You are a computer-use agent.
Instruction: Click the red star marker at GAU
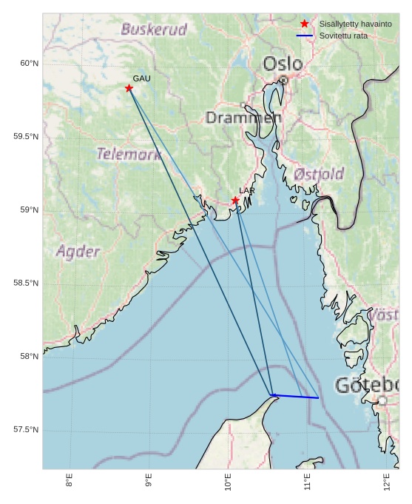pos(129,88)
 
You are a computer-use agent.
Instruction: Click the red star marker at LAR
pos(235,201)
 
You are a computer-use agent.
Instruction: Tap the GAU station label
pos(141,78)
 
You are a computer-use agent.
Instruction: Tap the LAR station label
pos(247,191)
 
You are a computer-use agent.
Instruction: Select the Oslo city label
pos(283,64)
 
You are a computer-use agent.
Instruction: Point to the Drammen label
pos(243,118)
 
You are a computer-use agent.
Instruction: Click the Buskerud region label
pos(154,30)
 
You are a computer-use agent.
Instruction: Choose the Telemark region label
pos(129,155)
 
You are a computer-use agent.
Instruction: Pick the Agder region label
pos(78,252)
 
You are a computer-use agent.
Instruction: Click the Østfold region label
pos(319,175)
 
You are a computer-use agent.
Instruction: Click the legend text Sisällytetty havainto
pos(356,24)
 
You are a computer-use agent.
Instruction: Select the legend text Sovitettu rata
pos(343,36)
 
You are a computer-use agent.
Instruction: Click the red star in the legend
pos(304,24)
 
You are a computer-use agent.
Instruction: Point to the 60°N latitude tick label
pos(29,64)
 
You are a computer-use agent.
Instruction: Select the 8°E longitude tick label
pos(70,480)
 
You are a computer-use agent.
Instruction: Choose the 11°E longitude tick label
pos(307,480)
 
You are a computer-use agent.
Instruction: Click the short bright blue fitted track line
pos(295,397)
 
